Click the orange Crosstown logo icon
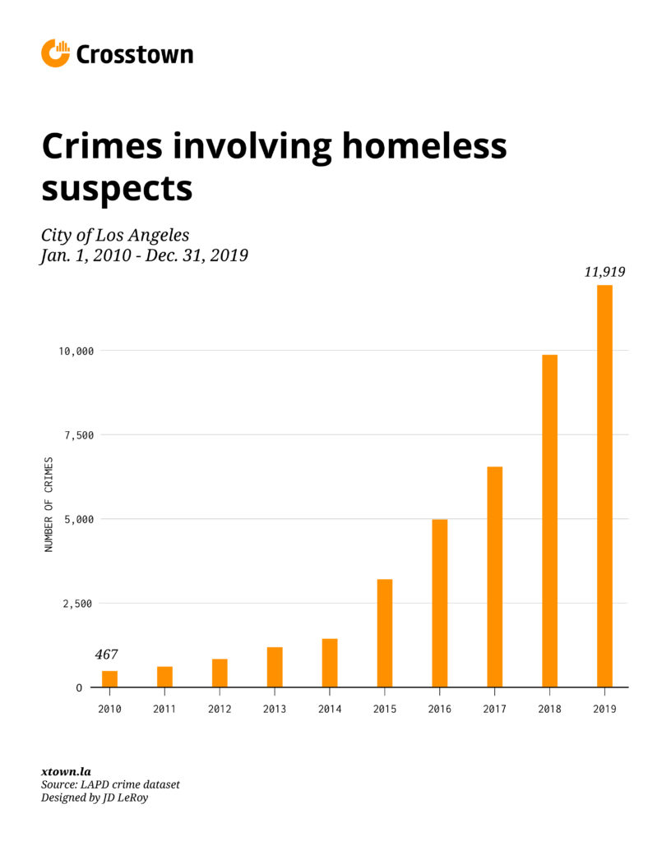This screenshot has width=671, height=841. coord(55,53)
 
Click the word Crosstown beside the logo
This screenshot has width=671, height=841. coord(135,55)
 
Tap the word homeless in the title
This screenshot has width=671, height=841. coord(423,147)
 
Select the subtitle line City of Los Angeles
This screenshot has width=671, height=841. coord(115,235)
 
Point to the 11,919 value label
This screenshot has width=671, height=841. coord(604,272)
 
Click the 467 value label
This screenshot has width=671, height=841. coord(106,655)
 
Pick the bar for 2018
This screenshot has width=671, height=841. coord(549,521)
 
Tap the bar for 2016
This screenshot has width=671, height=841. coord(439,603)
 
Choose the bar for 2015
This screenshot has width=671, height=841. coord(384,633)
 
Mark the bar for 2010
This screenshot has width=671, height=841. coord(109,679)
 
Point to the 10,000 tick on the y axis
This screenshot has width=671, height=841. coord(75,351)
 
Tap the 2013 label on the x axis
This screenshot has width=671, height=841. coord(275,709)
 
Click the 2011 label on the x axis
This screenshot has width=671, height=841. coord(164,709)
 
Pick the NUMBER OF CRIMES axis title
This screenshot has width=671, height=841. coord(49,504)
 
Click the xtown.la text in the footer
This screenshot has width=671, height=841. coord(66,771)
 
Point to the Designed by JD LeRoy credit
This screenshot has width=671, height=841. coord(97,797)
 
